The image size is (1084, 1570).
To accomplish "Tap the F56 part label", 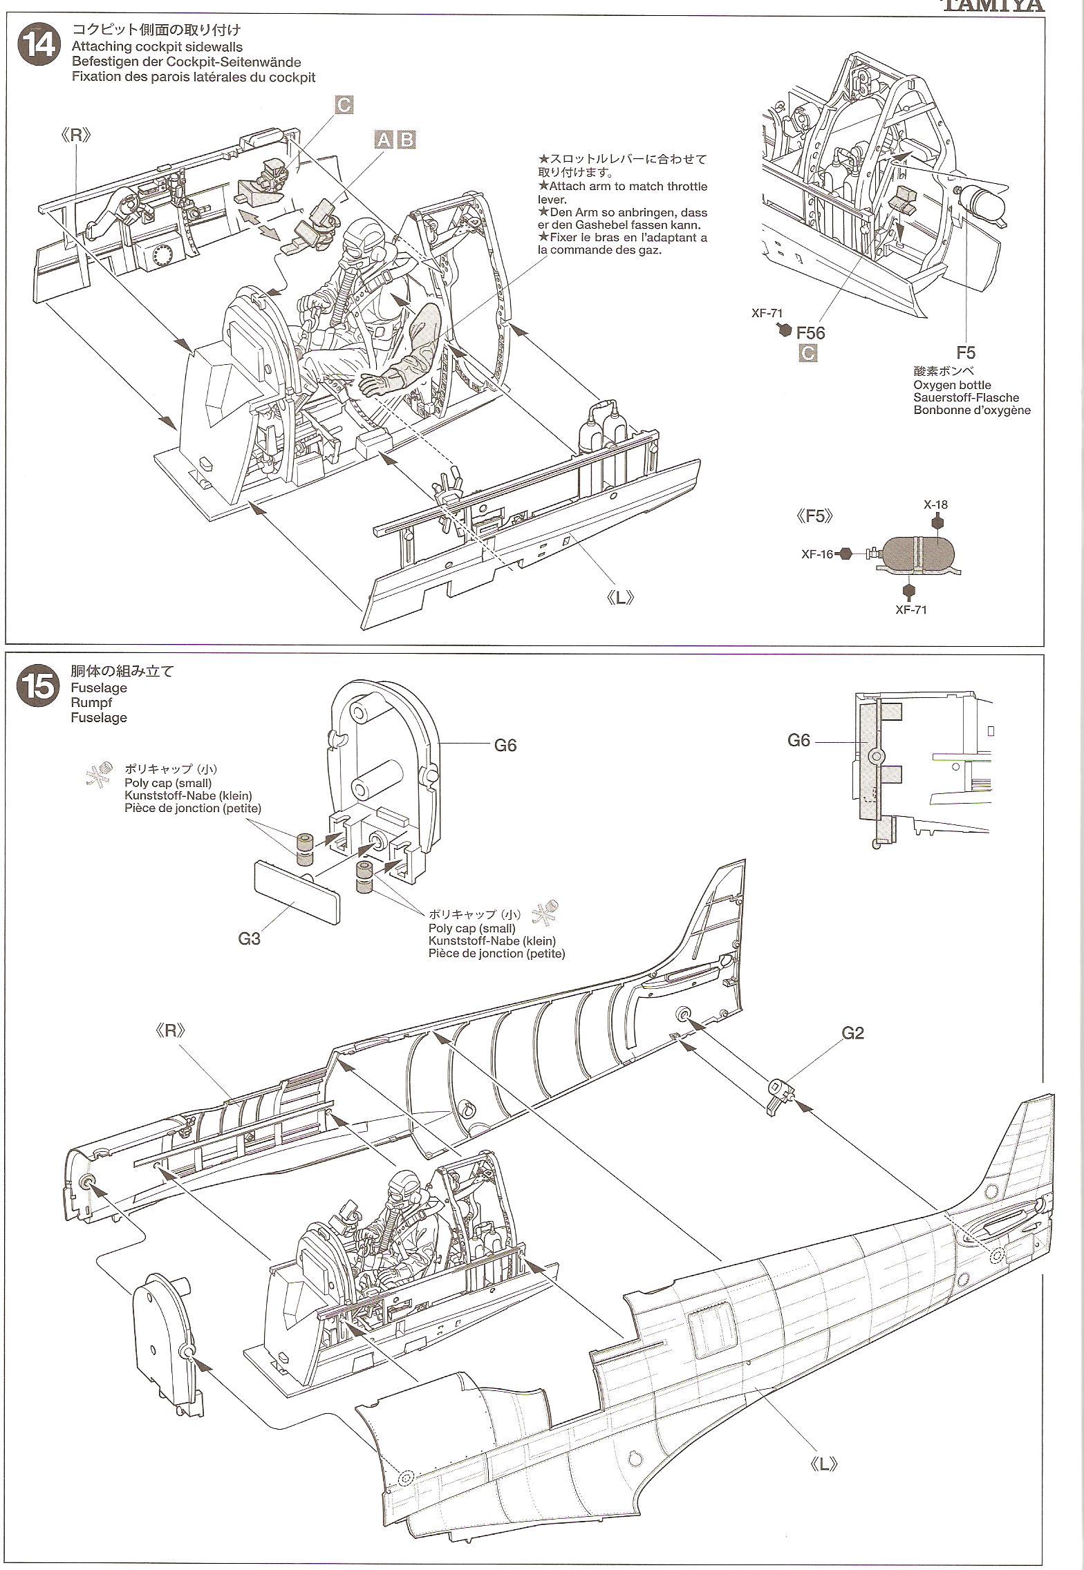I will click(x=810, y=333).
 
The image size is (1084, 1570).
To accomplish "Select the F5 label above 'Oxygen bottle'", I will click(x=966, y=353).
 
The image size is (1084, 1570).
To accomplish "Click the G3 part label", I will click(x=249, y=939).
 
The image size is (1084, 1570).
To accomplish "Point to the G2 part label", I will click(x=853, y=1033).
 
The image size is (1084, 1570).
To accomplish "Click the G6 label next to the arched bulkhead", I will click(x=505, y=746).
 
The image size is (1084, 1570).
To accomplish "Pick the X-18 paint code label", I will click(x=935, y=504).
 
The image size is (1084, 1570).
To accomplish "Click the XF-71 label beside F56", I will click(x=767, y=313).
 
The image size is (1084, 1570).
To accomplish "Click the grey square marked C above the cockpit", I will click(x=344, y=105).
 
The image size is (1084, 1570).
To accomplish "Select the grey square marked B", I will click(x=406, y=140).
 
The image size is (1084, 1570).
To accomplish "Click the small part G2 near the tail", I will click(x=781, y=1095).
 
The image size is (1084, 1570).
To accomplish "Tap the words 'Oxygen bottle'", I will click(x=952, y=385).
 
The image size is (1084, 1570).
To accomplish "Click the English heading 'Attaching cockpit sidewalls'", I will click(x=157, y=46).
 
